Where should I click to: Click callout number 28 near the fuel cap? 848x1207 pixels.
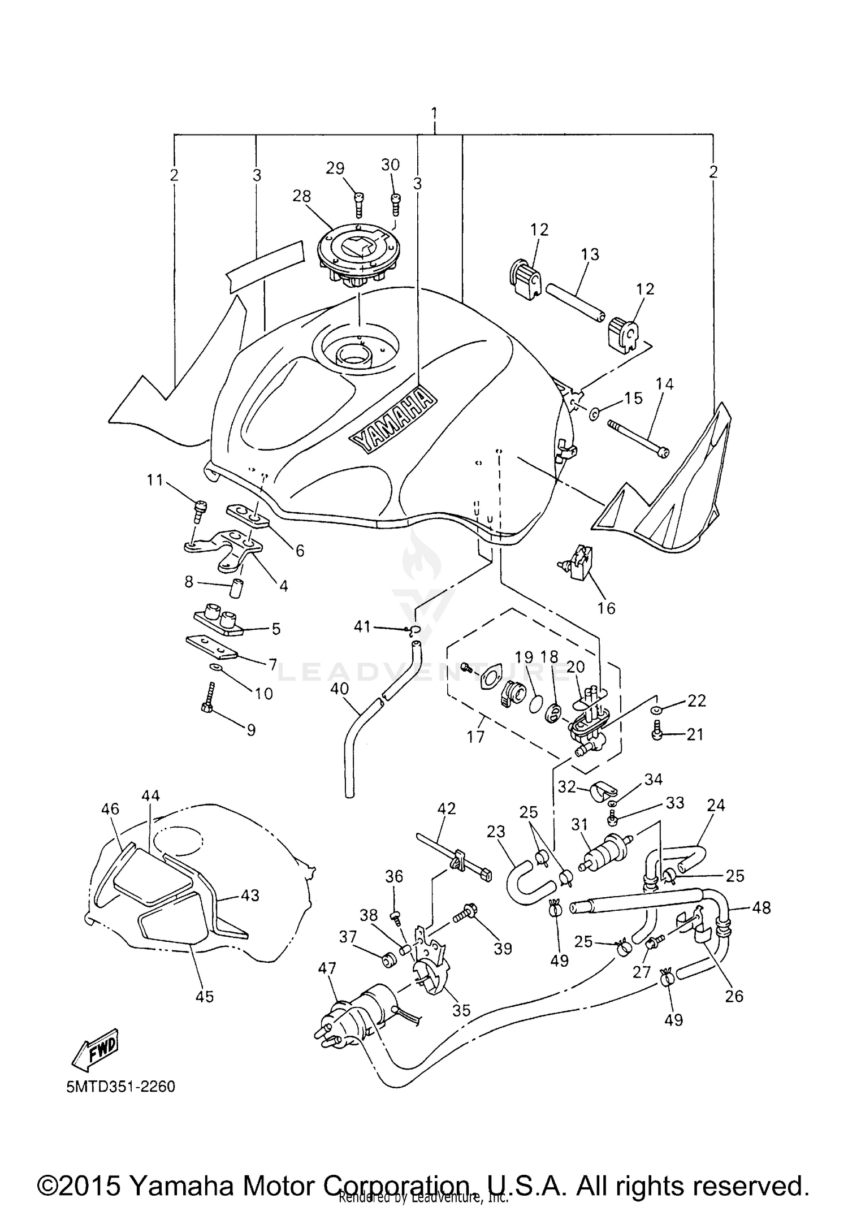pyautogui.click(x=301, y=196)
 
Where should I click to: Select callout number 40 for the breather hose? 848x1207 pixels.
pyautogui.click(x=340, y=689)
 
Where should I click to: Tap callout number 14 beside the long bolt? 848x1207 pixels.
pyautogui.click(x=664, y=384)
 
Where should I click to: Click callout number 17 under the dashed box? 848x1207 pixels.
pyautogui.click(x=476, y=737)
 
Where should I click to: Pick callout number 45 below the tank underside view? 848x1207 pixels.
pyautogui.click(x=205, y=996)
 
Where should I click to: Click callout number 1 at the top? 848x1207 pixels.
pyautogui.click(x=434, y=113)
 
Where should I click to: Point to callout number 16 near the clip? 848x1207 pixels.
pyautogui.click(x=606, y=608)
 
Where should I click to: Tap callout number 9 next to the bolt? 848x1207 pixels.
pyautogui.click(x=250, y=730)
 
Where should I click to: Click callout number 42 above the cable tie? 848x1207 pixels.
pyautogui.click(x=447, y=808)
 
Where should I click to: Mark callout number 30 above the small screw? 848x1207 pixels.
pyautogui.click(x=390, y=165)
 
